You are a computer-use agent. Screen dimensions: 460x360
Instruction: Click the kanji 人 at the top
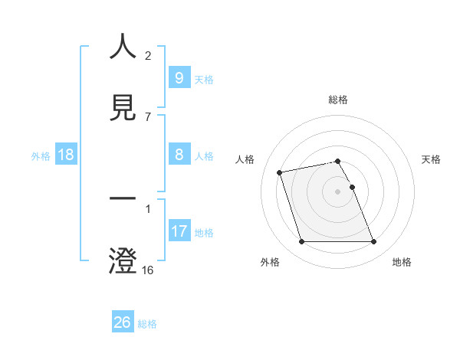coord(123,47)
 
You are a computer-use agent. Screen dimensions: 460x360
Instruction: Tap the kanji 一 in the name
coord(123,200)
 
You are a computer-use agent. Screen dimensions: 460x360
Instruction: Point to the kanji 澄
coord(123,260)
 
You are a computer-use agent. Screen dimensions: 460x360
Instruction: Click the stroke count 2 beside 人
coord(148,55)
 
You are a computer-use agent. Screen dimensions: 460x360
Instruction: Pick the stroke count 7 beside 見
coord(148,116)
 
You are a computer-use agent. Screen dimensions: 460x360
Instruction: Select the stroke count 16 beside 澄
coord(148,270)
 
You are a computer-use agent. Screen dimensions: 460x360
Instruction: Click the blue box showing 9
coord(179,78)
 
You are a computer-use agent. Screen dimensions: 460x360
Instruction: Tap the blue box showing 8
coord(179,155)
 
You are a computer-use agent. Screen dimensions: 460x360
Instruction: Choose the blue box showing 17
coord(179,231)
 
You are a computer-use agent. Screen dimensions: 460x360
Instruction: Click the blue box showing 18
coord(66,155)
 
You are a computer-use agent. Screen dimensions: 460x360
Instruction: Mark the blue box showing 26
coord(122,322)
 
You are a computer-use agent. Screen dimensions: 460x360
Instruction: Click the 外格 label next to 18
coord(41,155)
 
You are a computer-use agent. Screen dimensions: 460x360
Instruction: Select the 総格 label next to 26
coord(147,324)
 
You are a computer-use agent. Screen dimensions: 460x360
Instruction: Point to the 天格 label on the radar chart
coord(432,159)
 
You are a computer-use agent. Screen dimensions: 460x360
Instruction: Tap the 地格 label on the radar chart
coord(402,263)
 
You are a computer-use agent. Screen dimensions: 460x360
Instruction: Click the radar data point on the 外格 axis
coord(301,242)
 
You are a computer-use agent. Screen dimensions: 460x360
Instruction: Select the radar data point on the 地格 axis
coord(374,242)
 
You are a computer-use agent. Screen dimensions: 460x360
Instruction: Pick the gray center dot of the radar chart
coord(338,191)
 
